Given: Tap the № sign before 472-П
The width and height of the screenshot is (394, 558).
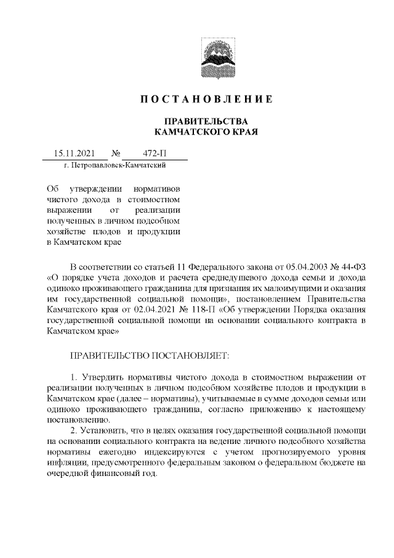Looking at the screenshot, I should tap(115, 154).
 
